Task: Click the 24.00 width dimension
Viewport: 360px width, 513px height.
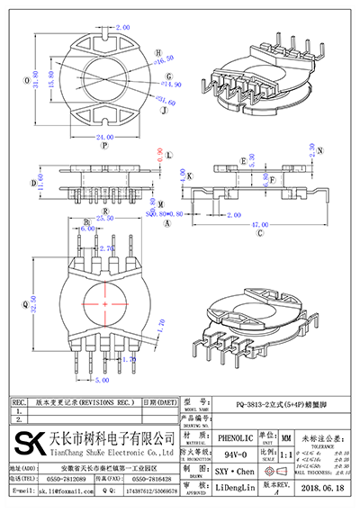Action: click(x=104, y=135)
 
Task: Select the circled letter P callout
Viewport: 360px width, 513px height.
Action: click(x=104, y=145)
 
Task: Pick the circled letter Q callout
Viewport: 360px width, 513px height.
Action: click(x=24, y=303)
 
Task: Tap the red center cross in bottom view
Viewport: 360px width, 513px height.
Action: click(x=104, y=306)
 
